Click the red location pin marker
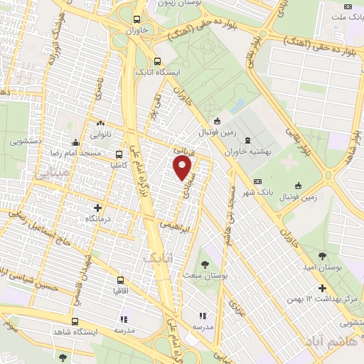(x=183, y=168)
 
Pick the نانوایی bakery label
(x=99, y=134)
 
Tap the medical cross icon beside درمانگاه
(x=98, y=208)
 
